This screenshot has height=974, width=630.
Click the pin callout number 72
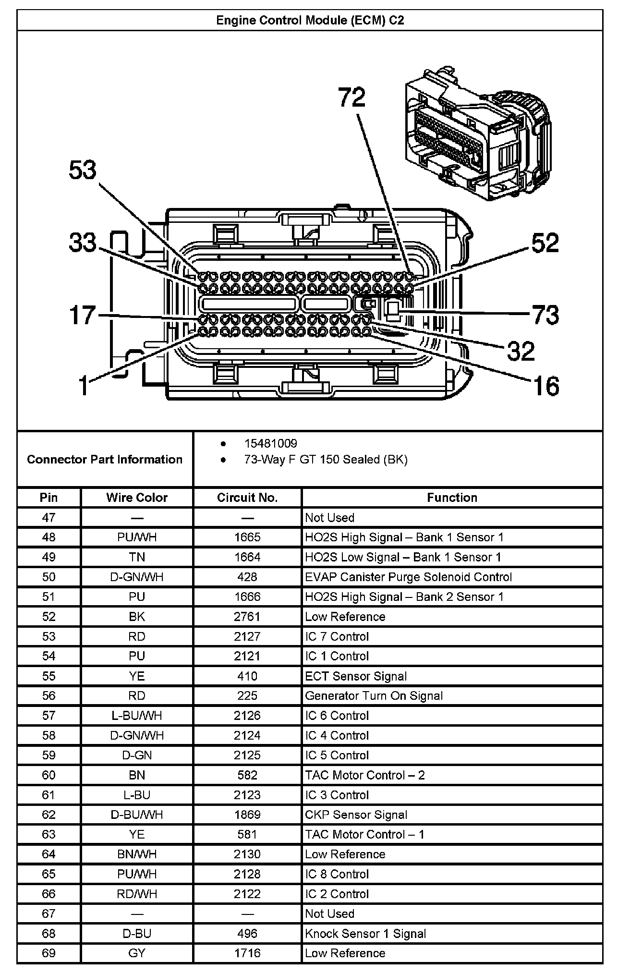tap(352, 97)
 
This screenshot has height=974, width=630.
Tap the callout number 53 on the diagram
tap(83, 170)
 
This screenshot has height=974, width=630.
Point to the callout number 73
tap(545, 315)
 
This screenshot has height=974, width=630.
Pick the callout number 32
tap(521, 351)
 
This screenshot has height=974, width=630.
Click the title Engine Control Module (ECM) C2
tap(310, 20)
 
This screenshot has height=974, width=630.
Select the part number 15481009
tap(270, 443)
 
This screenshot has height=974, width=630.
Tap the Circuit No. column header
tap(247, 498)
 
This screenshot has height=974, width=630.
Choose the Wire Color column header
tap(137, 498)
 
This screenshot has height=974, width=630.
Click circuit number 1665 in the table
tap(247, 537)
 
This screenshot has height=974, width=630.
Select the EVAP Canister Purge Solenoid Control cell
tap(409, 577)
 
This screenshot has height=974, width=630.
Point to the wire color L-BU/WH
tap(137, 716)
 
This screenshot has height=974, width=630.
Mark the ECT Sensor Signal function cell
tap(356, 676)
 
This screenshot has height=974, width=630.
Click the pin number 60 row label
tap(48, 775)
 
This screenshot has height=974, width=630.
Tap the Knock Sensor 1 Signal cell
tap(365, 934)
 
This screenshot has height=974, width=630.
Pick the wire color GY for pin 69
tap(137, 953)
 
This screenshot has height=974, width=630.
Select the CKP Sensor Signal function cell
tap(356, 815)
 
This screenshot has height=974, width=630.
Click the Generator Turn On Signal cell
tap(374, 696)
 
